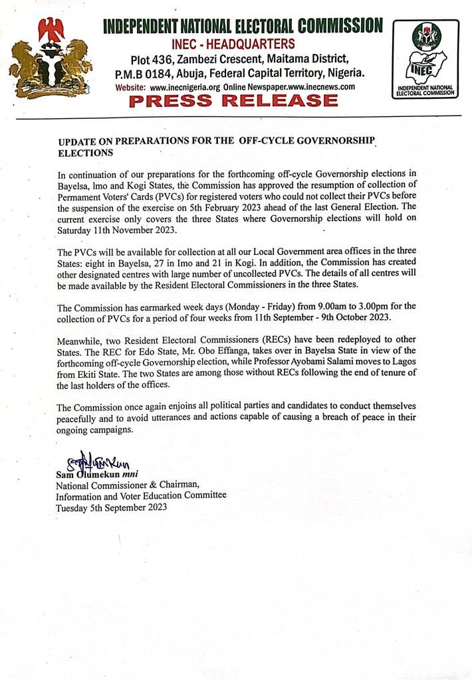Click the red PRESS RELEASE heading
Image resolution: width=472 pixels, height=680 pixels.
(x=233, y=101)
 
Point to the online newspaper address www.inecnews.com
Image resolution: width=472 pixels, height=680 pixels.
(x=310, y=87)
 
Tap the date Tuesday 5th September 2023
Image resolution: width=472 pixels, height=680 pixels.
(x=112, y=507)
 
